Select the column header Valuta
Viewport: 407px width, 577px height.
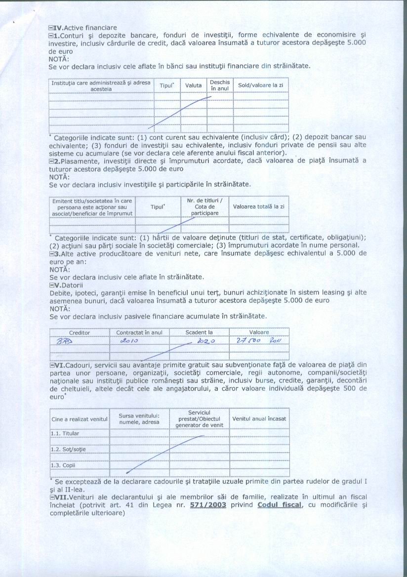coord(193,85)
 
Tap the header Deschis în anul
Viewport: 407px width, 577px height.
coord(220,85)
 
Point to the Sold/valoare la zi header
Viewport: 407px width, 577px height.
coord(260,85)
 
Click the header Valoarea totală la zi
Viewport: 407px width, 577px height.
coord(259,206)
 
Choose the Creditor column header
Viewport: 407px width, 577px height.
coord(80,332)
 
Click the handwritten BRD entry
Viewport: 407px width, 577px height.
coord(64,341)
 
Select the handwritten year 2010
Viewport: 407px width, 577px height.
coord(129,341)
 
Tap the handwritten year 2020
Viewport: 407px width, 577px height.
coord(204,341)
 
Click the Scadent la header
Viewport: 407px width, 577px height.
coord(199,332)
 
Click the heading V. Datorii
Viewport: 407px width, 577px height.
coord(66,285)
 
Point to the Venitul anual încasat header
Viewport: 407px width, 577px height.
coord(259,419)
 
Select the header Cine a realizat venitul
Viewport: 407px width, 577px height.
coord(80,419)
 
